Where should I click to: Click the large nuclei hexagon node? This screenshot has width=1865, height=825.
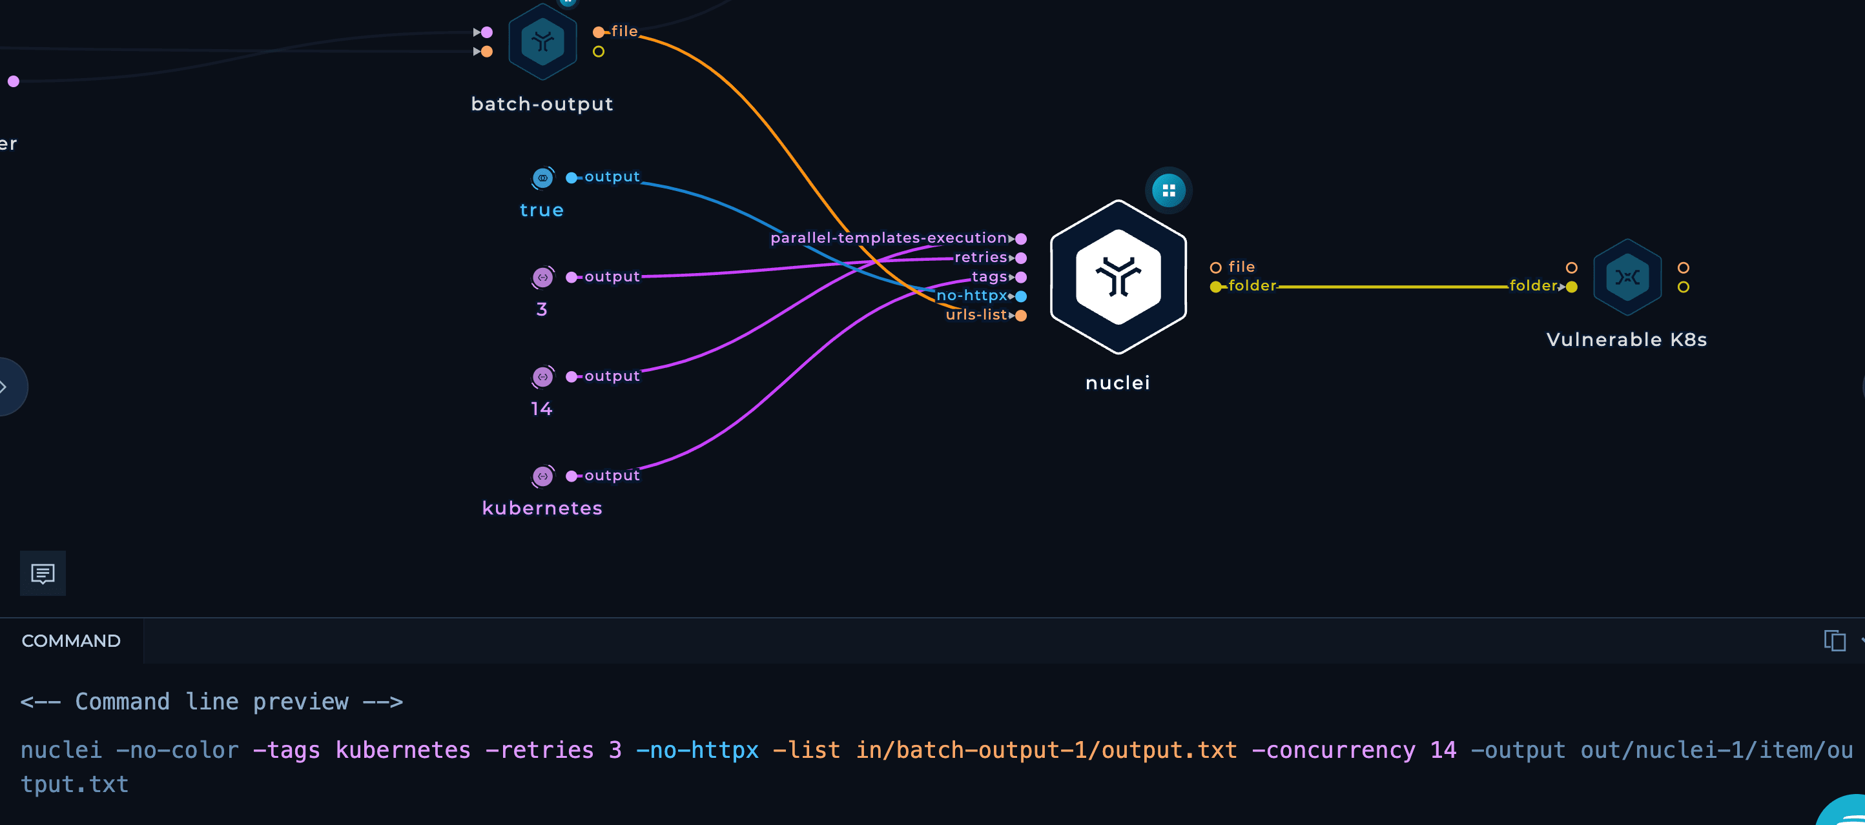click(1118, 277)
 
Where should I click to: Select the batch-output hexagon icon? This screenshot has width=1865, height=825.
click(542, 41)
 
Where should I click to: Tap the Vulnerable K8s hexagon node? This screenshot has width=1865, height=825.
click(1627, 277)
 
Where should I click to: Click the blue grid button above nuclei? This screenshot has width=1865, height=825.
click(1168, 190)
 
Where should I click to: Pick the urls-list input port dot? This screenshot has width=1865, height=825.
click(1021, 316)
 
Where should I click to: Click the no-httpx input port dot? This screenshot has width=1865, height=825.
click(1021, 296)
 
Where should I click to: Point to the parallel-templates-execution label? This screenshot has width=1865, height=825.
click(889, 238)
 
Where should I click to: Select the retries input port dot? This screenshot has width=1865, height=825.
click(1021, 258)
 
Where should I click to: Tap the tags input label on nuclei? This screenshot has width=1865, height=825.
click(989, 276)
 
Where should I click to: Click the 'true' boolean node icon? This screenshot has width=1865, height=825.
click(542, 178)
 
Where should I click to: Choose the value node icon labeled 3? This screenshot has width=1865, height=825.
click(542, 277)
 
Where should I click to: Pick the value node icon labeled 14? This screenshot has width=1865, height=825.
click(542, 376)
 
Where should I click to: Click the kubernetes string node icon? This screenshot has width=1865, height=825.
click(542, 476)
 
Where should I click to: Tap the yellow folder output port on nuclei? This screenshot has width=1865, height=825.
click(1215, 287)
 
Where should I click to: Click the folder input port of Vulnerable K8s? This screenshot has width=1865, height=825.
click(1571, 287)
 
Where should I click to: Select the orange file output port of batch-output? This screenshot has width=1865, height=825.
click(599, 32)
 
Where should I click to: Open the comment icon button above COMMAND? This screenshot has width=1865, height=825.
click(43, 573)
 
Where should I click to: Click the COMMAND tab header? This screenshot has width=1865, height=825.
click(71, 641)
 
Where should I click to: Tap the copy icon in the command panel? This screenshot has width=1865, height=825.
click(1835, 640)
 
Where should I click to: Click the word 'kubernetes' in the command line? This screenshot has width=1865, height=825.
click(402, 749)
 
